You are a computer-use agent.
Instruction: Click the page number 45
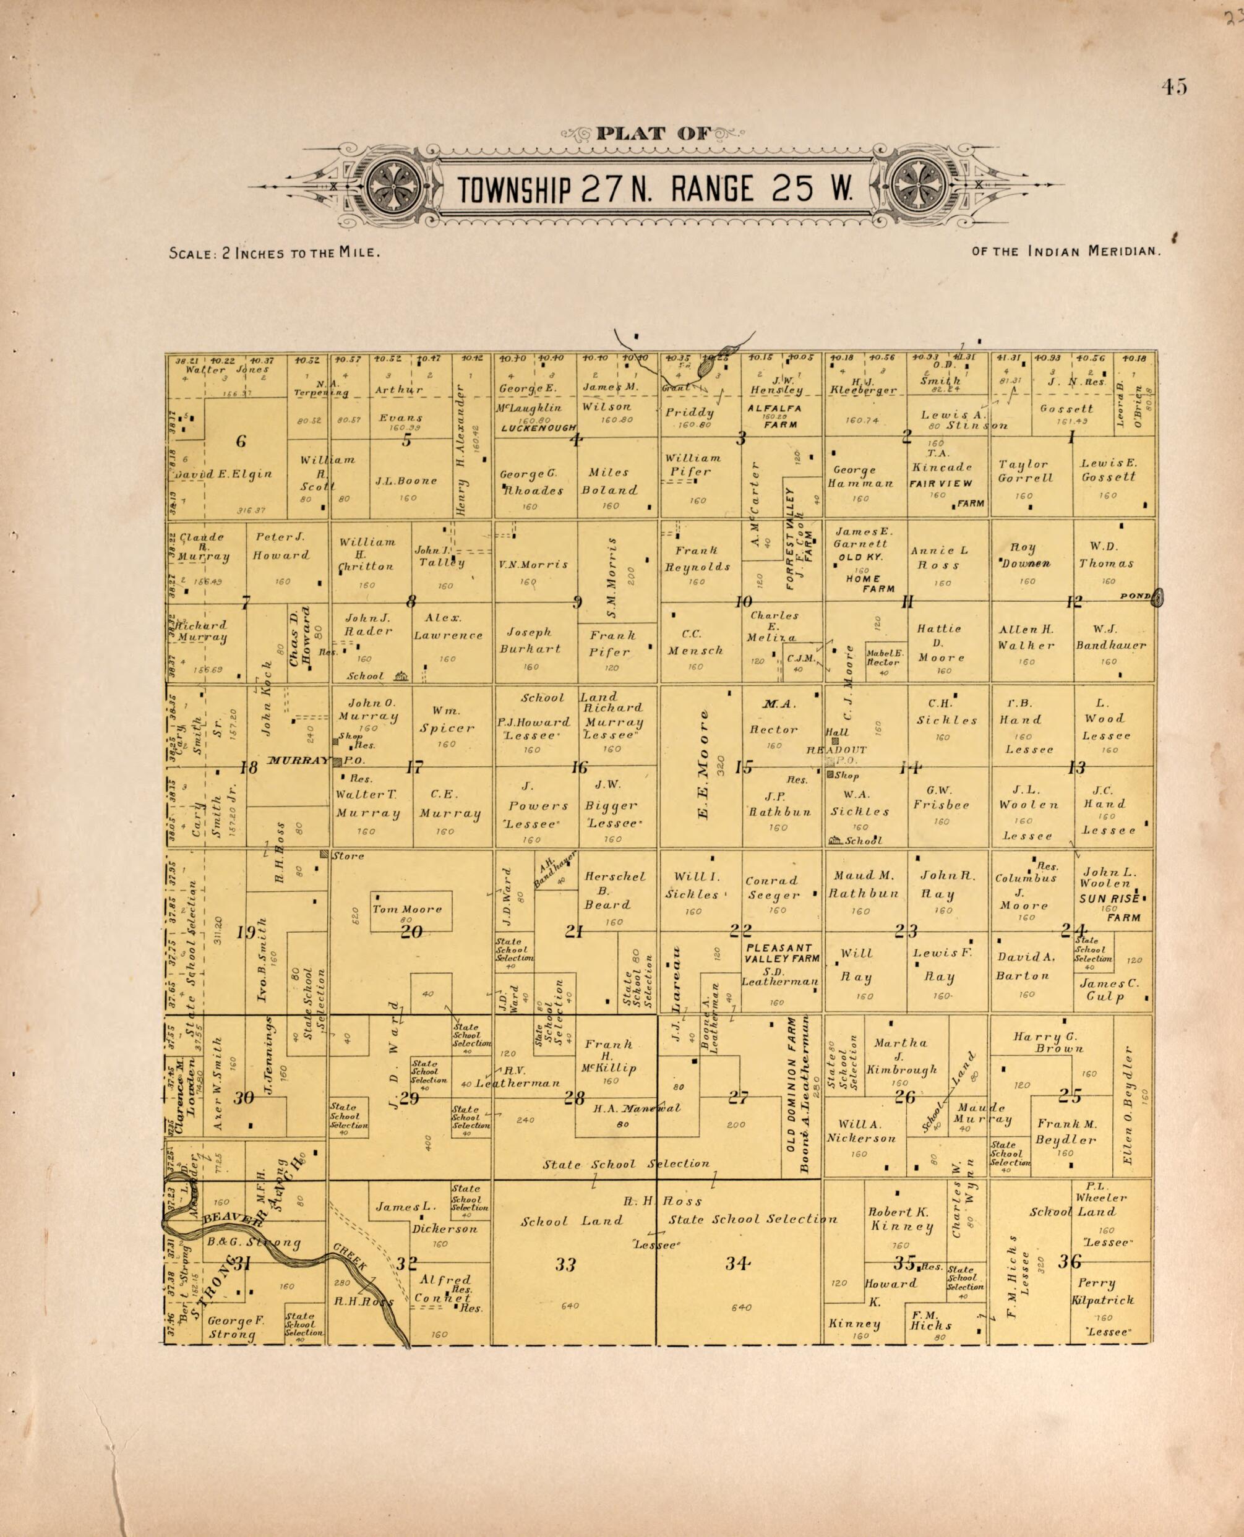[1175, 87]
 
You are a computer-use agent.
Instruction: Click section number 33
[565, 1264]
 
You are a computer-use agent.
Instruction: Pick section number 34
[737, 1263]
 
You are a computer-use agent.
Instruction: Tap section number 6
[241, 440]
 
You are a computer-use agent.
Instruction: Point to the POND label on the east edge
[1135, 596]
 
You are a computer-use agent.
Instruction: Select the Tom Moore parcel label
[407, 909]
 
